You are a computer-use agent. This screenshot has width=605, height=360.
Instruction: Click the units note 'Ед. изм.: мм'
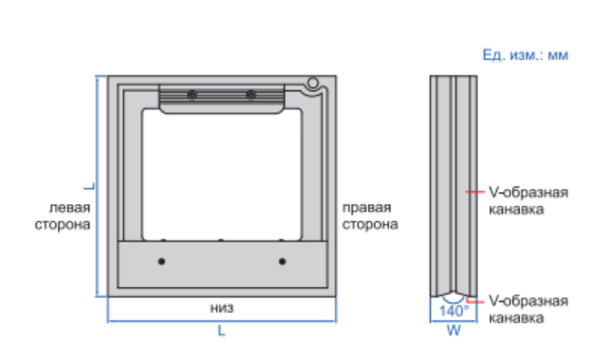point(525,55)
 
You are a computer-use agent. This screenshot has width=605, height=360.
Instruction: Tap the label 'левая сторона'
point(62,216)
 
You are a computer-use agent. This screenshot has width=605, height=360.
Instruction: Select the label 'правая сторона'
point(370,216)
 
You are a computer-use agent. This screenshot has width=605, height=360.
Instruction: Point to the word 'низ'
point(222,308)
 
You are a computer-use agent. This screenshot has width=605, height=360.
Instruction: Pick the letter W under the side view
point(454,330)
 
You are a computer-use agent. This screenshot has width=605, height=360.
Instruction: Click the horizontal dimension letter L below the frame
point(221,330)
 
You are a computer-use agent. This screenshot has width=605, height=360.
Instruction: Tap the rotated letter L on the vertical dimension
point(89,186)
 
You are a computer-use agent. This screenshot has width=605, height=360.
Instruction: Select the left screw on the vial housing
point(192,94)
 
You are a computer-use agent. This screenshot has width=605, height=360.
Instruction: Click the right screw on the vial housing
point(251,94)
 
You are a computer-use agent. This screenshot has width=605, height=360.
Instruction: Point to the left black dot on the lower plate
point(162,262)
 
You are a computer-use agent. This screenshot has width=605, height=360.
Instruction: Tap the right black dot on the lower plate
point(282,262)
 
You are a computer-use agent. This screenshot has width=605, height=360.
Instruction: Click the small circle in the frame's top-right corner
point(313,83)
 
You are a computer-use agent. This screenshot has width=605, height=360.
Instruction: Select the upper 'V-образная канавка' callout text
point(528,201)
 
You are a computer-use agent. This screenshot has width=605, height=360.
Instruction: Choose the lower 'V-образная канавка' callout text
point(528,309)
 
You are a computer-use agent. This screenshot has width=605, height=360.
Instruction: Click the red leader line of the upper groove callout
point(475,191)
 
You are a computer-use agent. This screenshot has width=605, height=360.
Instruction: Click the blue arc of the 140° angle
point(454,302)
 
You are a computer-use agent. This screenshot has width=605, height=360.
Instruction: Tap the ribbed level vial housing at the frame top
point(222,99)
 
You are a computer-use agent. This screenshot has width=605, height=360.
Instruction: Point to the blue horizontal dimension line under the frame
point(222,321)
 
